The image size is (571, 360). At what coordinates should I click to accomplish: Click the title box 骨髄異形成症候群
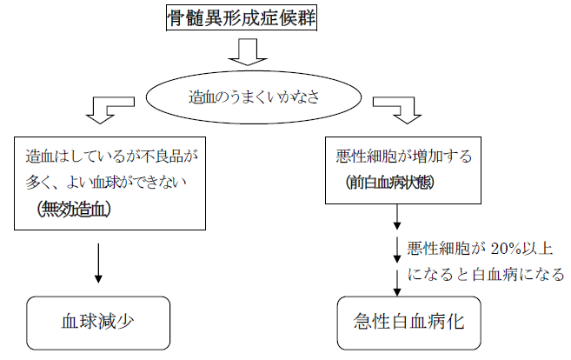[x=240, y=17]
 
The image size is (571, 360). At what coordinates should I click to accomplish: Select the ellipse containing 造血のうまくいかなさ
[x=251, y=99]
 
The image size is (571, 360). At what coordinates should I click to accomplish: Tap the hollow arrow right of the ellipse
[x=396, y=110]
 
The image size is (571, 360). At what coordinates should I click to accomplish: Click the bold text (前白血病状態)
[x=390, y=183]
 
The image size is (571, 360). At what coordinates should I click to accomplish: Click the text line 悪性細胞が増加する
[x=404, y=157]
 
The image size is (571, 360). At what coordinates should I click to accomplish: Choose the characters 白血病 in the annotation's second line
[x=492, y=275]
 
